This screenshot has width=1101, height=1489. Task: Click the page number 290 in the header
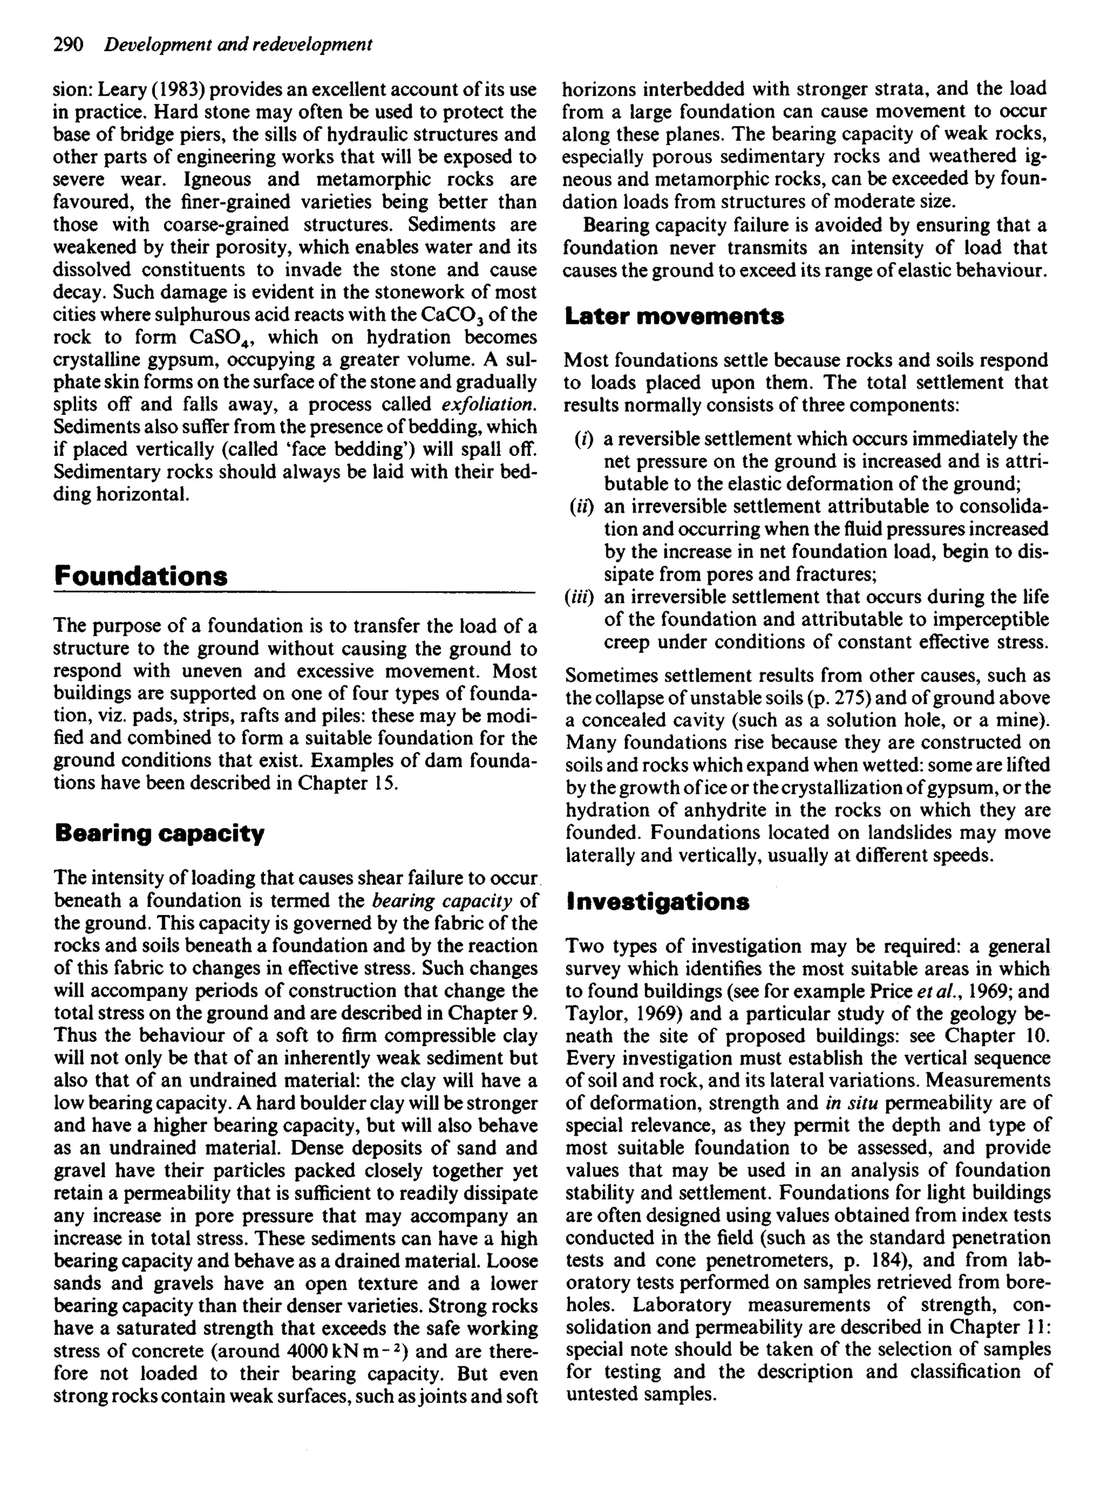68,45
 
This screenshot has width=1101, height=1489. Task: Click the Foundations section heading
141,576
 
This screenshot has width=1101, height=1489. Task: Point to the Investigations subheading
658,902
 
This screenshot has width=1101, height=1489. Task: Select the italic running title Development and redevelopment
238,45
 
